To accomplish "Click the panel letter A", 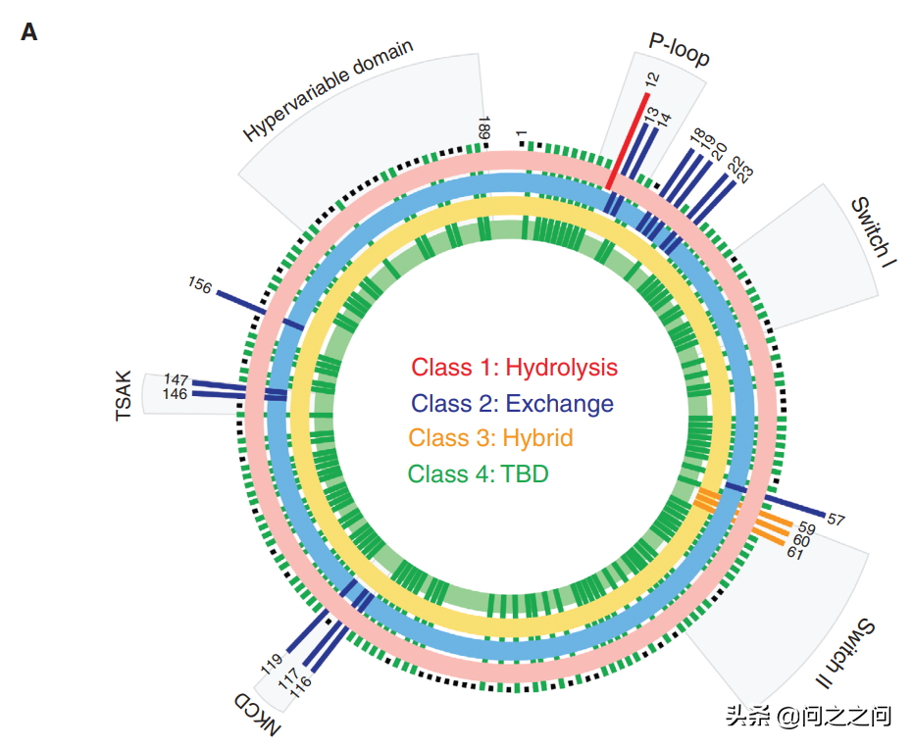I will coord(29,32).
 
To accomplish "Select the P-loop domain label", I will coord(679,49).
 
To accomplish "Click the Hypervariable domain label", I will coord(329,91).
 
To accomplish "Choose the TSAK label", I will coord(124,396).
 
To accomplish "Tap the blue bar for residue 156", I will coord(240,301).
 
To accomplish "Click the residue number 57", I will coord(836,519).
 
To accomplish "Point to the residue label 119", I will coord(272,664).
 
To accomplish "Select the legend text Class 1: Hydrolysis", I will coord(514,368).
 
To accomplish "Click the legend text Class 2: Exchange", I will coord(512,403).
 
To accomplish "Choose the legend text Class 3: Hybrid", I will coord(490,438).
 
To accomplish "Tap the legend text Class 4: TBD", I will coord(478,474).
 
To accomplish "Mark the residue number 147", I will coord(177,379).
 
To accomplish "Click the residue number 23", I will coord(744,174).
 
